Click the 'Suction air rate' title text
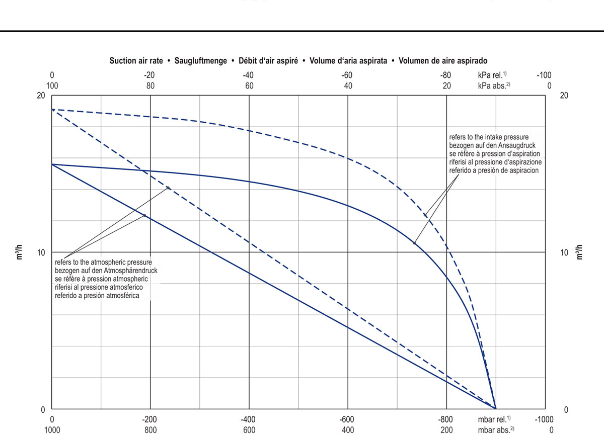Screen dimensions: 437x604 [x=136, y=61]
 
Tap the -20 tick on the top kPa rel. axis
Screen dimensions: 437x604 [x=149, y=75]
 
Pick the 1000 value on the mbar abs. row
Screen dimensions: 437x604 [x=52, y=430]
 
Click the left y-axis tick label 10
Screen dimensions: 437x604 [x=42, y=252]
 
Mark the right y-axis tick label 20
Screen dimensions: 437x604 [x=564, y=96]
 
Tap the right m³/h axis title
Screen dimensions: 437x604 [x=579, y=251]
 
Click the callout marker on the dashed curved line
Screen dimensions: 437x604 [x=425, y=215]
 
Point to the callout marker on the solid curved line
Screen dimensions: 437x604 [x=415, y=243]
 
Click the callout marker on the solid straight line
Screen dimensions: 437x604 [x=144, y=216]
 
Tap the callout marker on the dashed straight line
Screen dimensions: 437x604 [x=168, y=188]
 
